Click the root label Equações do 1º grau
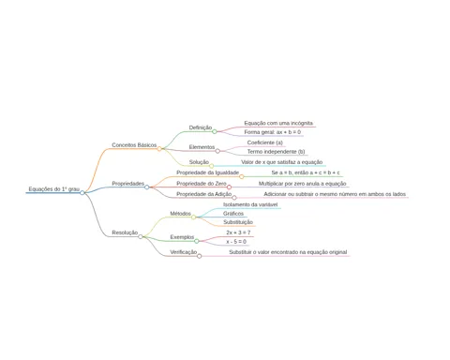[54, 189]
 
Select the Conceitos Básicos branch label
[134, 145]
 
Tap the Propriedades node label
[128, 184]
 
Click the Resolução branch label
[125, 232]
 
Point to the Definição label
[201, 127]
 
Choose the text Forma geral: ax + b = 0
[273, 132]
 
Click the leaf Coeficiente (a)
[265, 142]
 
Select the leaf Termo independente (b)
[276, 152]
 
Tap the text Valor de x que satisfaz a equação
[282, 162]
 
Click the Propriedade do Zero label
[202, 184]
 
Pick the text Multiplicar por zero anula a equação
[303, 184]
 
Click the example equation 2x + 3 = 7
[238, 232]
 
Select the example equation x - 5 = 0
[236, 242]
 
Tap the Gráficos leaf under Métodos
[233, 214]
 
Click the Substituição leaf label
[238, 222]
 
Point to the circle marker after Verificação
[199, 256]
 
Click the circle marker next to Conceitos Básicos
[159, 149]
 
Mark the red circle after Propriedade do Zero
[229, 187]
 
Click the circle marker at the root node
[82, 193]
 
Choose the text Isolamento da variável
[250, 204]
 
